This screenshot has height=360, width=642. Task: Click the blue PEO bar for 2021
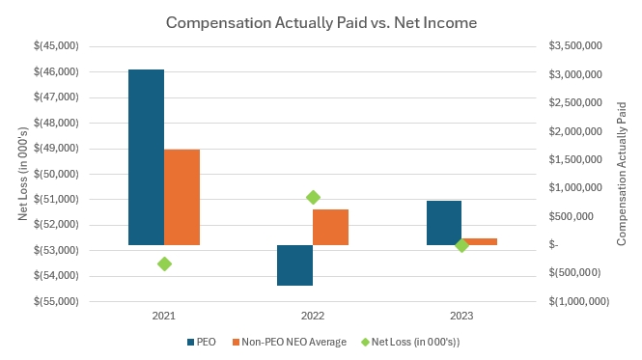[146, 157]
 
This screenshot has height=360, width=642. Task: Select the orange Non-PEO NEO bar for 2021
[181, 198]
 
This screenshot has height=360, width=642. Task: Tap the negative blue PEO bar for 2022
[294, 265]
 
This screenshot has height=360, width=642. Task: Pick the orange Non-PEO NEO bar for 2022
[330, 228]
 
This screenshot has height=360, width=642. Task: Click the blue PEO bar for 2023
[444, 223]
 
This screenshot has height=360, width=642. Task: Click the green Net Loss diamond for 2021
[164, 264]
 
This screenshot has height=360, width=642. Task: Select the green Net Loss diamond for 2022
[313, 198]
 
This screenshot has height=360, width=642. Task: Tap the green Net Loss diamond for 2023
[461, 245]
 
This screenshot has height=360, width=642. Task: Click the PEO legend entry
[201, 342]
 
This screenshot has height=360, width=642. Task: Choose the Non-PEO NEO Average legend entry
[289, 342]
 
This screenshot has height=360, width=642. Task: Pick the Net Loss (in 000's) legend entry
[410, 342]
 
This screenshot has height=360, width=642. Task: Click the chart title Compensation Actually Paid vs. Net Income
[321, 22]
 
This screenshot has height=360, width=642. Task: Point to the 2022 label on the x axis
[313, 316]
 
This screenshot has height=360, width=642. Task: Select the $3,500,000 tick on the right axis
[575, 45]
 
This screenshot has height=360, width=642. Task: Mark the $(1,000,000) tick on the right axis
[579, 301]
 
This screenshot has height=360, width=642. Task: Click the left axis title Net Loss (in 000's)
[23, 174]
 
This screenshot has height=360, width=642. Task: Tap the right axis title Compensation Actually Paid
[622, 174]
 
